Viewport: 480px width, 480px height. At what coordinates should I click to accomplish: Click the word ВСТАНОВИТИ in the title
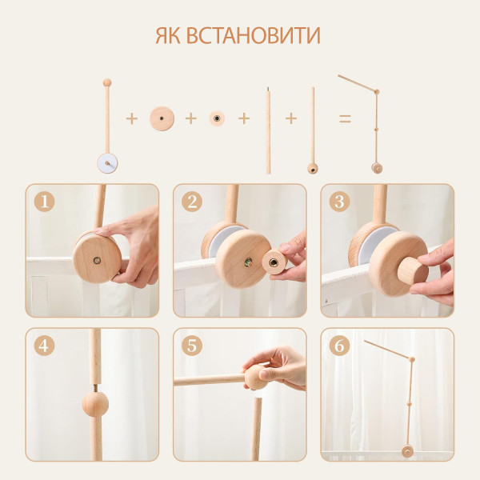253,36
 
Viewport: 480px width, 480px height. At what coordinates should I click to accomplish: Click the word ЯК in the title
168,36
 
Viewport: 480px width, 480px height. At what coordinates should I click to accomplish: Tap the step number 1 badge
44,202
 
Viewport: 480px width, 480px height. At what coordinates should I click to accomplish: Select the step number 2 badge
192,202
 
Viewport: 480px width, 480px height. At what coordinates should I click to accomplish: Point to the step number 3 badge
339,202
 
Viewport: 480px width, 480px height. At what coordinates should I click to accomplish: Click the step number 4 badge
44,346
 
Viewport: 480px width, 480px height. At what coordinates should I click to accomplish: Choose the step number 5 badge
192,346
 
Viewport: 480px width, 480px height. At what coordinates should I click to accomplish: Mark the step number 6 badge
339,346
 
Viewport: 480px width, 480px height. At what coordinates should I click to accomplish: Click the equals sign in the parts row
345,118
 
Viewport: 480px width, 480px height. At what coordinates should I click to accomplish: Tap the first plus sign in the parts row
132,118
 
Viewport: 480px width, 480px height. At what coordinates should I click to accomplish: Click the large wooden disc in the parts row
162,118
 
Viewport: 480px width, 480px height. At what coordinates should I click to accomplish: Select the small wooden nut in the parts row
217,118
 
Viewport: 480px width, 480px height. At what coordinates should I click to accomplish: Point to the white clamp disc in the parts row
107,164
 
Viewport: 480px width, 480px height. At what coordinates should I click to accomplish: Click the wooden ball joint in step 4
95,404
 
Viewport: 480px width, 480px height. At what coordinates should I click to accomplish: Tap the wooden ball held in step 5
256,377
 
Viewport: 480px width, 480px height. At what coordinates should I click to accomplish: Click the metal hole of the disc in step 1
97,261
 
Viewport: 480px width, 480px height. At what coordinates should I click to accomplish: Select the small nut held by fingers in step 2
274,262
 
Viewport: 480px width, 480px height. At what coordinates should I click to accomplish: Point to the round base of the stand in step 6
407,451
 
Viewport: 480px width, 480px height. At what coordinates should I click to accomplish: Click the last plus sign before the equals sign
291,118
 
